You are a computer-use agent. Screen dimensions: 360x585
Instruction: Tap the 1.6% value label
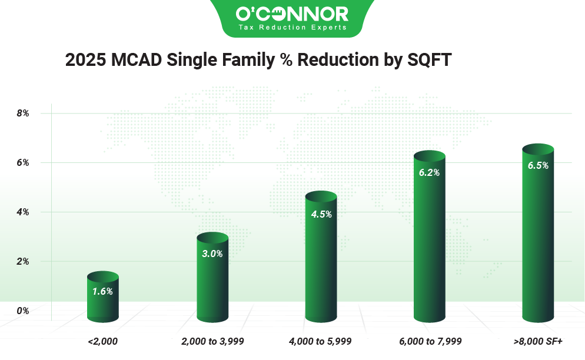[102, 291]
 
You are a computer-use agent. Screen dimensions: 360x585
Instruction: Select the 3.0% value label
[212, 254]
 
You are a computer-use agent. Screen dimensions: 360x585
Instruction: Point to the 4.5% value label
[321, 214]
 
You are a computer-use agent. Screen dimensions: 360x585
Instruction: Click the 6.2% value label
[429, 173]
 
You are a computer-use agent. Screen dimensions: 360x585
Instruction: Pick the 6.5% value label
[538, 166]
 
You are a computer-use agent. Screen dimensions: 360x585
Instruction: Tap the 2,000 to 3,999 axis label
[212, 341]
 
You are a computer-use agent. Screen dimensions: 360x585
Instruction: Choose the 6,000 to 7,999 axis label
[430, 341]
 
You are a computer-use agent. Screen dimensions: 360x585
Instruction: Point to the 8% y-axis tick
[22, 113]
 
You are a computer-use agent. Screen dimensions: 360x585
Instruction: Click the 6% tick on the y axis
[22, 162]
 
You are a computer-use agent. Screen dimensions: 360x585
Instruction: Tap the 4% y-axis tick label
[22, 212]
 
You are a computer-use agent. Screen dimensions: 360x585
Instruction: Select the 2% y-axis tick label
[22, 261]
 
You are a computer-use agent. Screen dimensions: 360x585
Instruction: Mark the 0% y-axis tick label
[22, 310]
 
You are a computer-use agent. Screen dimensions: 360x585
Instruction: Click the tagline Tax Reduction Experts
[292, 27]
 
